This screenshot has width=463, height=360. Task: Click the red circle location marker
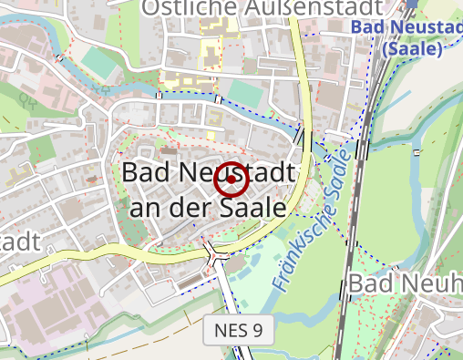click(x=231, y=180)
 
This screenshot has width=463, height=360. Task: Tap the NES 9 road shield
click(x=240, y=330)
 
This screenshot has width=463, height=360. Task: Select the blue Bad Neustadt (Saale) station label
click(x=407, y=36)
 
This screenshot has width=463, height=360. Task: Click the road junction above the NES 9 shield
click(x=218, y=252)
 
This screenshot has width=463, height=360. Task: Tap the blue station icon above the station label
click(x=411, y=4)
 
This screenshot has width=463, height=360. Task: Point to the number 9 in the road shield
click(x=258, y=330)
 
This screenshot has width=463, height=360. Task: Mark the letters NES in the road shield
click(x=232, y=330)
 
